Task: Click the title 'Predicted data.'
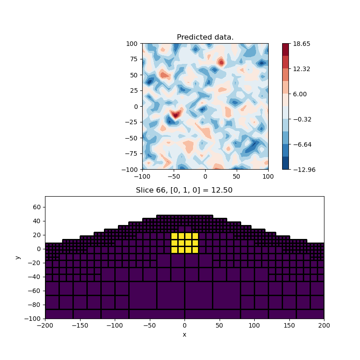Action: (x=205, y=37)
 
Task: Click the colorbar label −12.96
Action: (x=303, y=170)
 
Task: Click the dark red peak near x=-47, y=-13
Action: (x=175, y=115)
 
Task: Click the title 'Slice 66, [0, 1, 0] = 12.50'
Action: (x=184, y=190)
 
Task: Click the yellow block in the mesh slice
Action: (x=184, y=243)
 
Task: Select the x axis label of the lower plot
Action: (x=184, y=334)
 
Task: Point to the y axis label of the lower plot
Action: (x=18, y=257)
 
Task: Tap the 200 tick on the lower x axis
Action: (x=324, y=325)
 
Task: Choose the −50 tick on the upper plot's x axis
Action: (x=174, y=176)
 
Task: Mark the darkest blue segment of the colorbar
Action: (x=285, y=163)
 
